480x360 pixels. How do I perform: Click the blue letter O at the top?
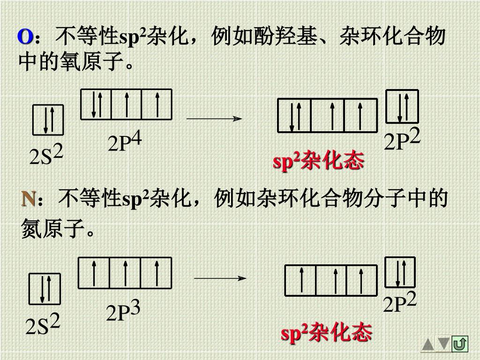click(25, 37)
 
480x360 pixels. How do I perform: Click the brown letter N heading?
click(29, 199)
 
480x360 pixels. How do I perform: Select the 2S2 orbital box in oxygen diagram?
click(48, 120)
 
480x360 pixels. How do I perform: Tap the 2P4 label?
click(124, 142)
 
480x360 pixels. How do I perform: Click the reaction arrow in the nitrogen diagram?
click(220, 278)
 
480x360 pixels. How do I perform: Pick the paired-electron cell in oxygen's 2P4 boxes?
click(97, 104)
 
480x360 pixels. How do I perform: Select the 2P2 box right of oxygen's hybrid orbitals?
click(402, 106)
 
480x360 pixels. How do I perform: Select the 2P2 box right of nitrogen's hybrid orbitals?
click(400, 272)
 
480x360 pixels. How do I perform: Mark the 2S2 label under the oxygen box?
click(46, 157)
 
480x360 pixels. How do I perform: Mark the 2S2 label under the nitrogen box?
click(43, 325)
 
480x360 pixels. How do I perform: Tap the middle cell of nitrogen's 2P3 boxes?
click(125, 273)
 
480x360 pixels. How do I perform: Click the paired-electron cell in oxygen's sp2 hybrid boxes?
click(294, 115)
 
